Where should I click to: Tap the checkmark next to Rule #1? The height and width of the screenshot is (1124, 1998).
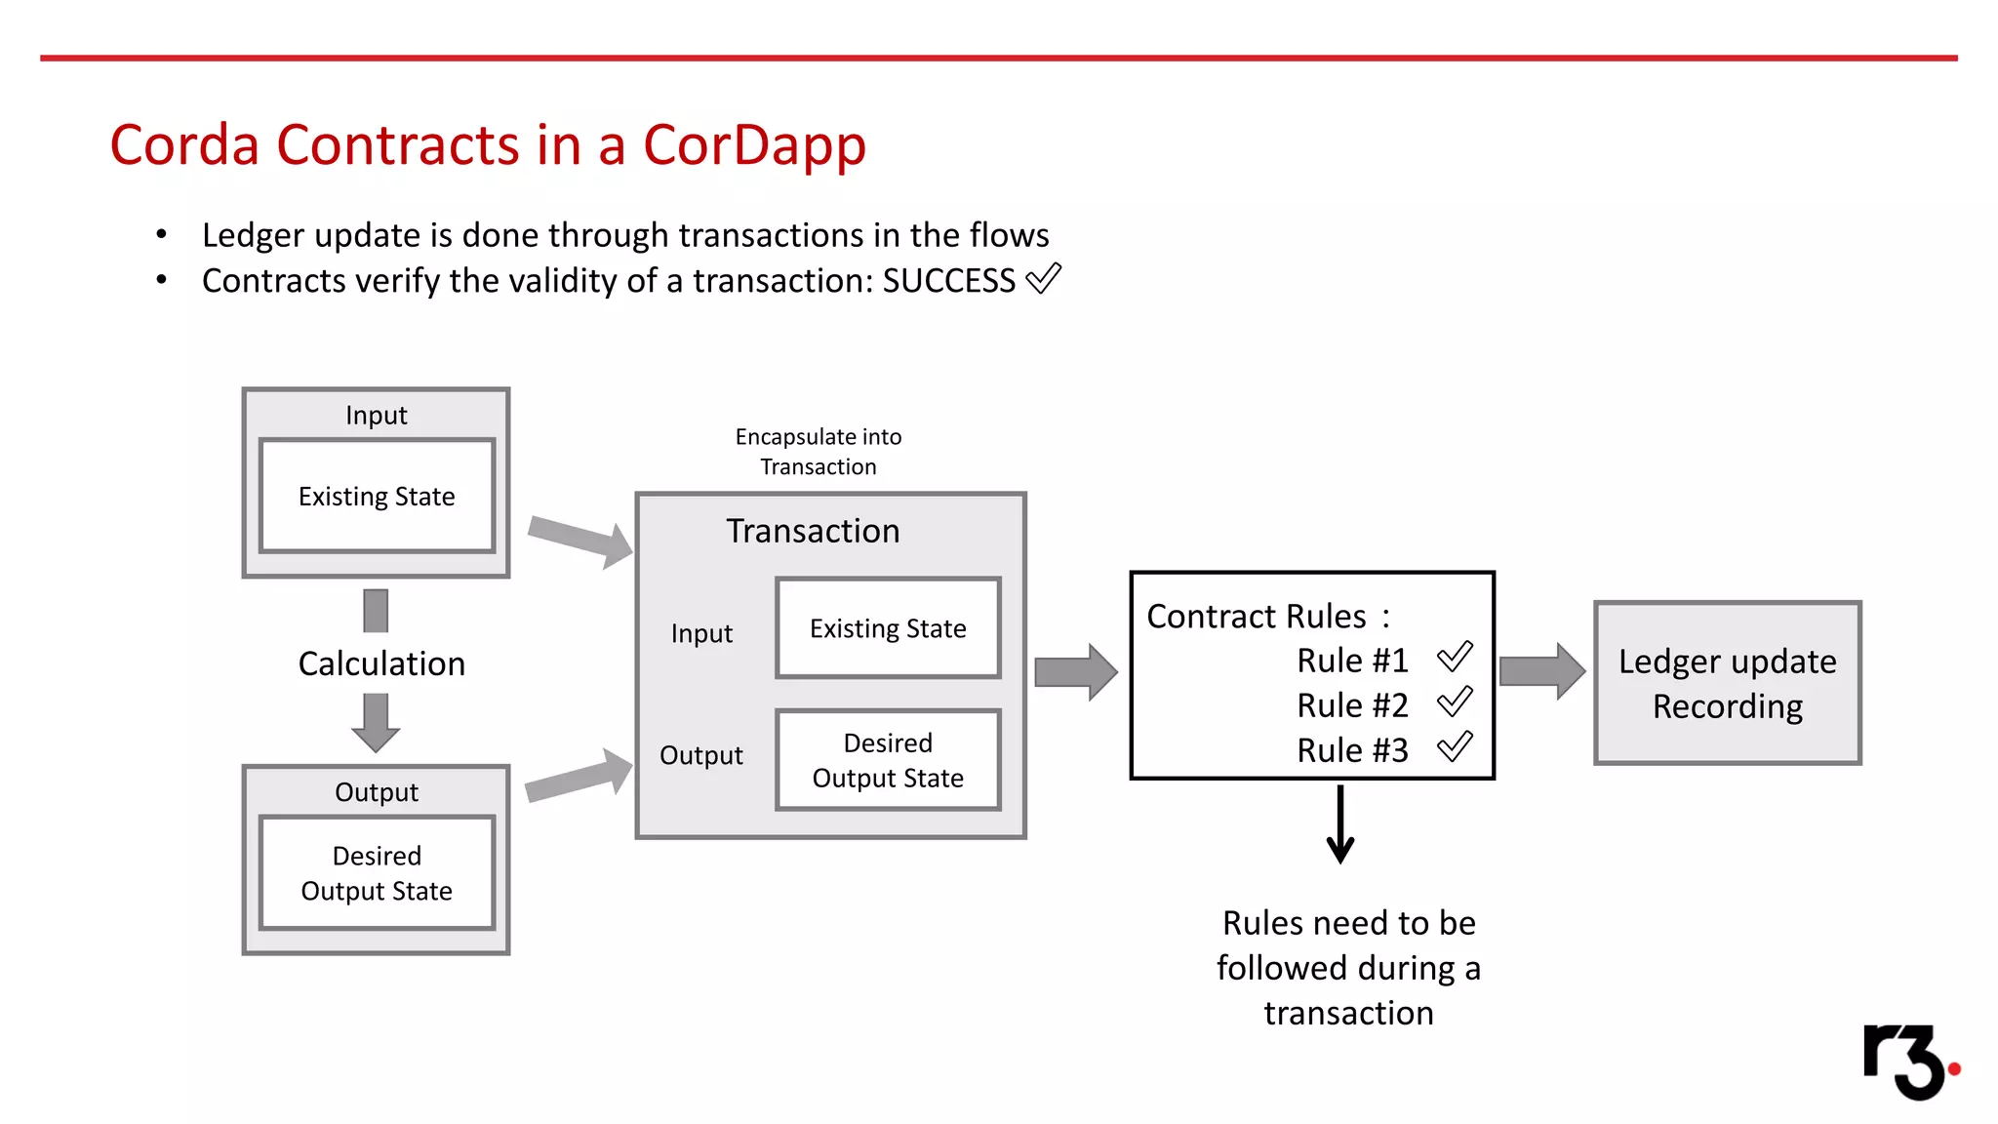(x=1455, y=657)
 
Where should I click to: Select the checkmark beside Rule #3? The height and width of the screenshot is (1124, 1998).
(x=1455, y=747)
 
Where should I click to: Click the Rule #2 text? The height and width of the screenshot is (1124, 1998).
(x=1352, y=705)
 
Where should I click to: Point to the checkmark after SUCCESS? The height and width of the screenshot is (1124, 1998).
(x=1043, y=279)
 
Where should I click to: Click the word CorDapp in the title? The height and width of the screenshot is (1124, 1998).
(x=754, y=145)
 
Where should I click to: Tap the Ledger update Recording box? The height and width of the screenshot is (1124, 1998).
(x=1727, y=683)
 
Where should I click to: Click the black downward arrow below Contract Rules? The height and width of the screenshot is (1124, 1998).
(x=1340, y=825)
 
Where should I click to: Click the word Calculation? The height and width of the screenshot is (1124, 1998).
(x=381, y=663)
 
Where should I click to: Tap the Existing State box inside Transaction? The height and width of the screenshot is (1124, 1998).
(x=888, y=628)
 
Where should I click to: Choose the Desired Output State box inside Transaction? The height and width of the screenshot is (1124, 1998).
(x=888, y=760)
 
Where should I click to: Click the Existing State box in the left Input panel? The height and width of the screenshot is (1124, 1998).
(x=377, y=496)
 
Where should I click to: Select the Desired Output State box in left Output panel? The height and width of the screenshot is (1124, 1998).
(x=377, y=872)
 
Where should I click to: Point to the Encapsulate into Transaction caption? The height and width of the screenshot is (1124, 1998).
(x=818, y=451)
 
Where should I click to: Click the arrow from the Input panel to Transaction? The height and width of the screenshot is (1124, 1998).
(x=581, y=540)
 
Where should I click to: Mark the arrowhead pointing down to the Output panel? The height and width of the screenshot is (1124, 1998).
(x=376, y=737)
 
